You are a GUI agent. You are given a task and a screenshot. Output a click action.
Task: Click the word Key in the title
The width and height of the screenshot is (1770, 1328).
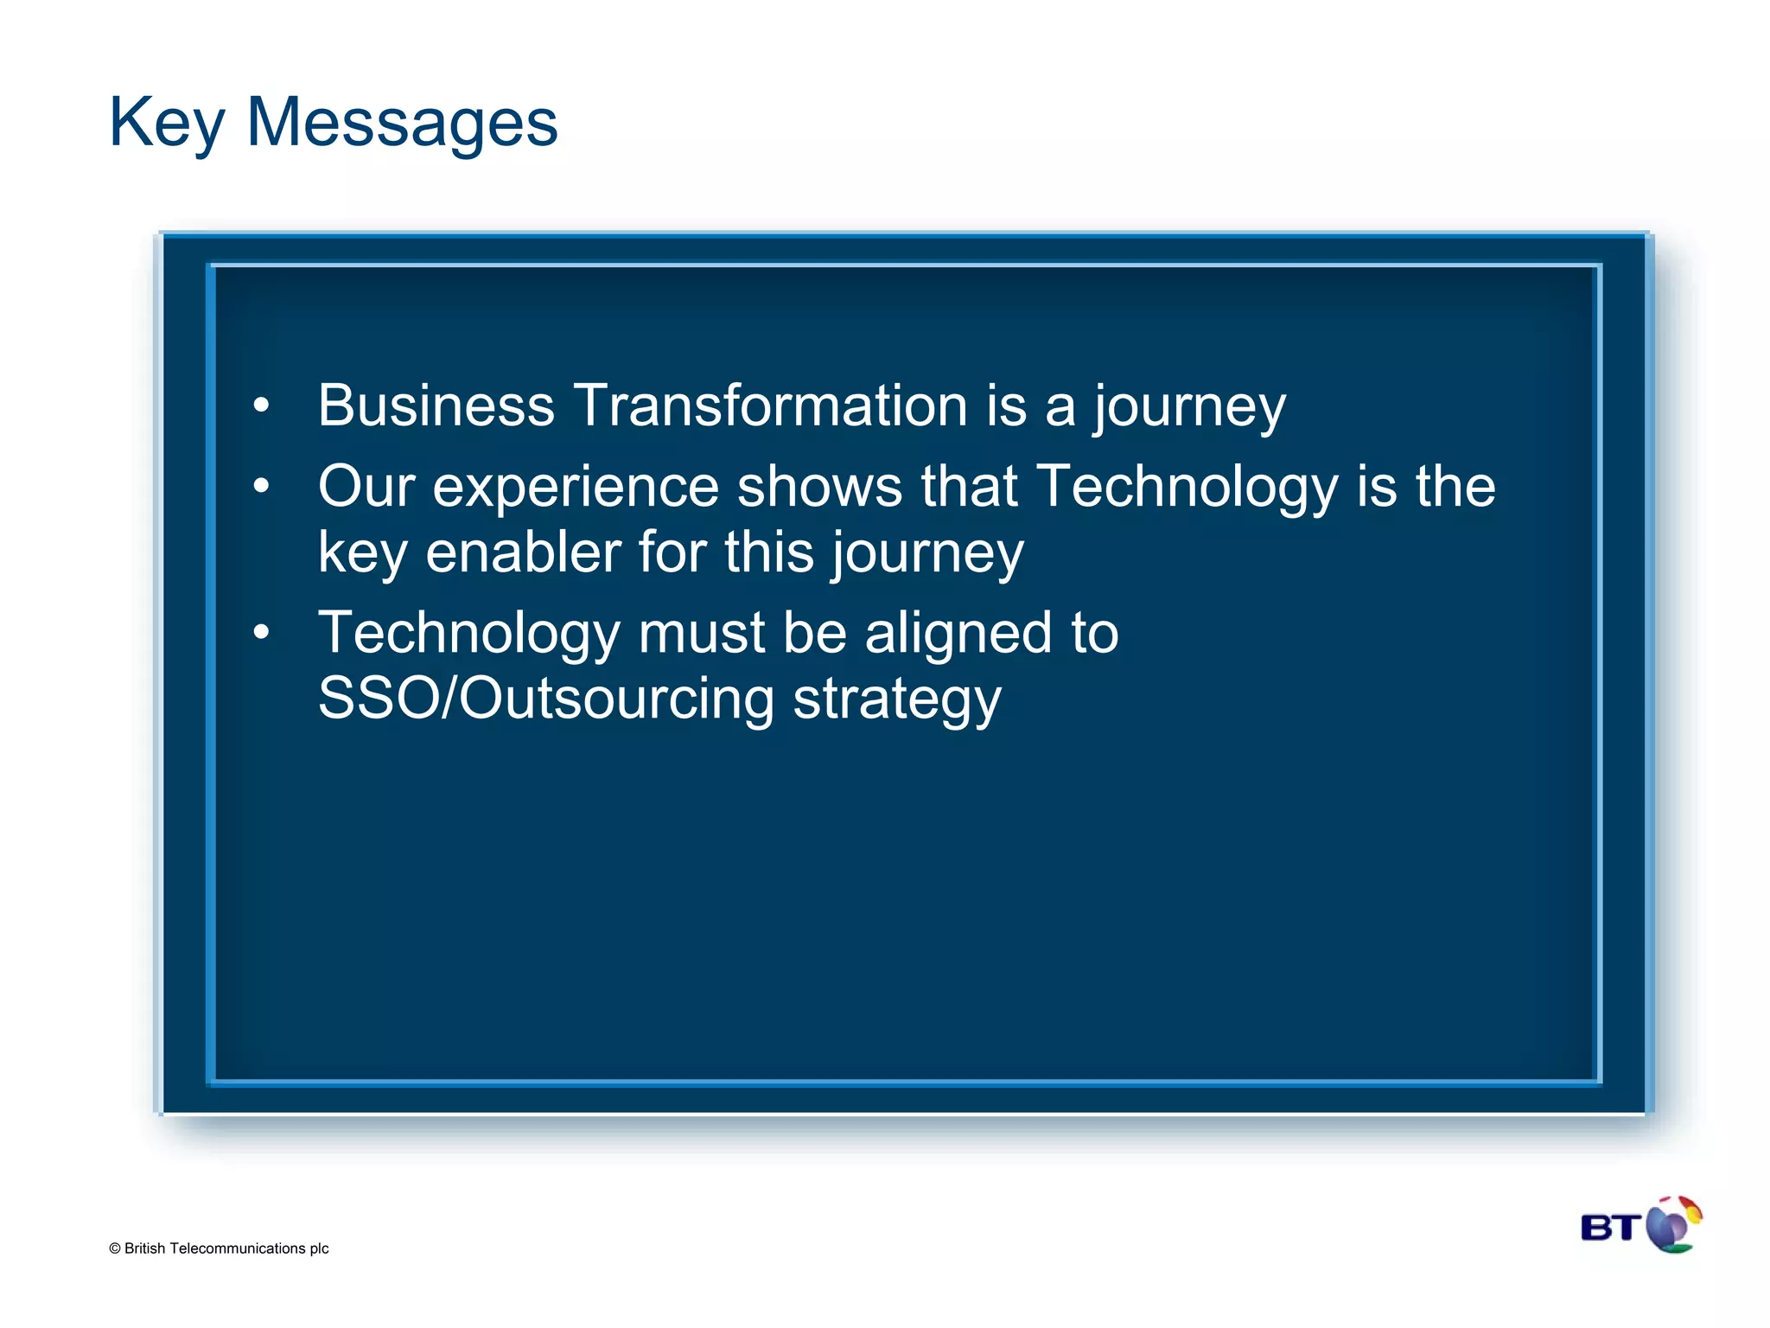click(166, 124)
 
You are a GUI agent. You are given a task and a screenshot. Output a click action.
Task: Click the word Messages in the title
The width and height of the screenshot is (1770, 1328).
click(402, 124)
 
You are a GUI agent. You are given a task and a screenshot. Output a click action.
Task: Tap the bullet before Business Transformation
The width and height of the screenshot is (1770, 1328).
click(261, 405)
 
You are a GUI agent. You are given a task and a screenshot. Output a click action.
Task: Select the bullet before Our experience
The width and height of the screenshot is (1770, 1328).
click(261, 486)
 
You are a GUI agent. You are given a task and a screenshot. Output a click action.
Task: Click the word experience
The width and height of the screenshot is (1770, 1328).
click(576, 487)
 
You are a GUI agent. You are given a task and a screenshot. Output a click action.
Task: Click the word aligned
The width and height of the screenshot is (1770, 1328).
click(958, 634)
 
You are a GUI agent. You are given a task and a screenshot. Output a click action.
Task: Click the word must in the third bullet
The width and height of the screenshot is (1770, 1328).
click(702, 634)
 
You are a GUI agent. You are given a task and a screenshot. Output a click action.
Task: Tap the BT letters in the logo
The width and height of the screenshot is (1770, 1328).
click(1609, 1228)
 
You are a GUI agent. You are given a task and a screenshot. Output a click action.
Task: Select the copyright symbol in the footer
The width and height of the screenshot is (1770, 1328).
click(115, 1248)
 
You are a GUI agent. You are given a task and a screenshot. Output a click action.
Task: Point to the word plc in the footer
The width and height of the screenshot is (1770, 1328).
click(319, 1249)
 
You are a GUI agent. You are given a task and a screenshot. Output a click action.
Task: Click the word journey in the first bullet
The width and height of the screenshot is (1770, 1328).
click(1189, 406)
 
